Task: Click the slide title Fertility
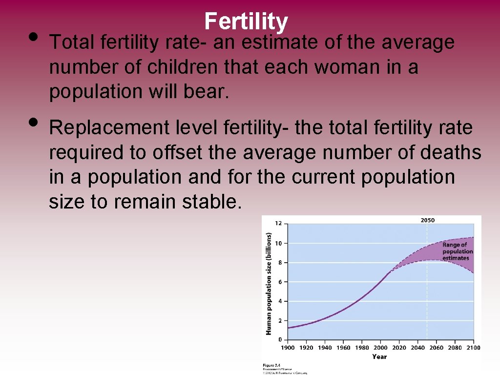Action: (246, 21)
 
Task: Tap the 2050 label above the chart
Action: (427, 220)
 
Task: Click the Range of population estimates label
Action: (458, 251)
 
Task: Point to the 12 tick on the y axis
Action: (278, 224)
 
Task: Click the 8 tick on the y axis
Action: (280, 262)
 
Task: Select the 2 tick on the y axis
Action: (280, 320)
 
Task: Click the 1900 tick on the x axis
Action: (288, 348)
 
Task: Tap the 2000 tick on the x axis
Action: (380, 348)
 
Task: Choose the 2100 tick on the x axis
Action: (473, 348)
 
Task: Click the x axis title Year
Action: (379, 356)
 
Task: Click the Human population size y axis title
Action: (268, 283)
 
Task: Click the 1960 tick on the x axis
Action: (343, 348)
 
